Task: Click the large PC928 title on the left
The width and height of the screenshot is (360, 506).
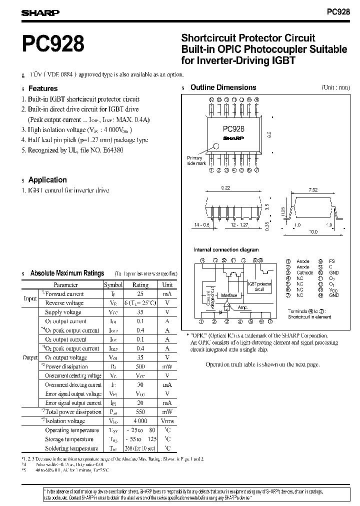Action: tap(53, 44)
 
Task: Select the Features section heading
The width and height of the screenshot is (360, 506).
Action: tap(43, 88)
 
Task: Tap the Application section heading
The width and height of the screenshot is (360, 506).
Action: tap(47, 180)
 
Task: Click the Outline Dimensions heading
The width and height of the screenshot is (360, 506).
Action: tap(223, 87)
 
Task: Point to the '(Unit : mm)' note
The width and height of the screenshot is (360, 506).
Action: tap(336, 87)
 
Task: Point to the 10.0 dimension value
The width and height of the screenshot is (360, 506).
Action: tap(313, 232)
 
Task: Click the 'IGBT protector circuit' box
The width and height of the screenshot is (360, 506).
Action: tap(259, 286)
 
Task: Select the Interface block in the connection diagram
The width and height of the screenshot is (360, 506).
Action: tap(229, 295)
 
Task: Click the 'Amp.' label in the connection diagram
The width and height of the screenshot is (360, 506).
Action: tap(243, 307)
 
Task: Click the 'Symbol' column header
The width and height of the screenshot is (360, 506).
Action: tap(113, 284)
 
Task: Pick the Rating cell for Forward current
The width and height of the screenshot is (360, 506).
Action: tap(140, 294)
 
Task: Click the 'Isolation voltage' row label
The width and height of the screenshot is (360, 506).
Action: tap(65, 421)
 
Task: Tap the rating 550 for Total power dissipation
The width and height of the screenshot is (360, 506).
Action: tap(140, 412)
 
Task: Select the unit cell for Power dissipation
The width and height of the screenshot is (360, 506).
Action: tap(167, 366)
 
